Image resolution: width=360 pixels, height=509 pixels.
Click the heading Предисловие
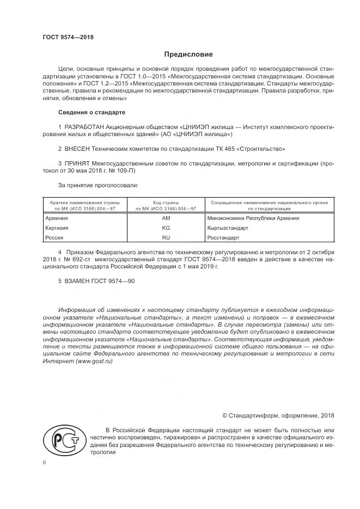point(188,54)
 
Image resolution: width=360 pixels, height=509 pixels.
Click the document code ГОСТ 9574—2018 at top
point(68,37)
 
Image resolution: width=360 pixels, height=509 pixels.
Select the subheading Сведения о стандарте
point(91,112)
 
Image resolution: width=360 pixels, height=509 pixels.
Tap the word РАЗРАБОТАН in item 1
point(84,126)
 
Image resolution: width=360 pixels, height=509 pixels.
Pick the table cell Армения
point(56,218)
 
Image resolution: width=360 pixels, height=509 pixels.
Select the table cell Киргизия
point(57,228)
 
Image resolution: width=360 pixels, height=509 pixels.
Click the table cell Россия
point(54,237)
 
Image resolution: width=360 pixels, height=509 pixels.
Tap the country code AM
point(166,218)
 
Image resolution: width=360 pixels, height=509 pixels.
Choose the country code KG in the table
point(166,228)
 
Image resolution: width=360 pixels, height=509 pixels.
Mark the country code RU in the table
point(166,237)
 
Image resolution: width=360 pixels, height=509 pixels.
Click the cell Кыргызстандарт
point(228,228)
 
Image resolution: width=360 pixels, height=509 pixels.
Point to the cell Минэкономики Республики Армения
point(253,218)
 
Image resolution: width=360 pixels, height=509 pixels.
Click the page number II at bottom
point(45,463)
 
